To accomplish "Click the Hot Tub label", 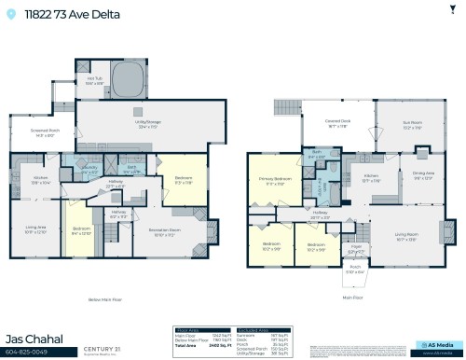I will pos(94,81).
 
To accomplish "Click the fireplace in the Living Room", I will pos(448,230).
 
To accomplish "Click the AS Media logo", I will pos(434,345).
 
